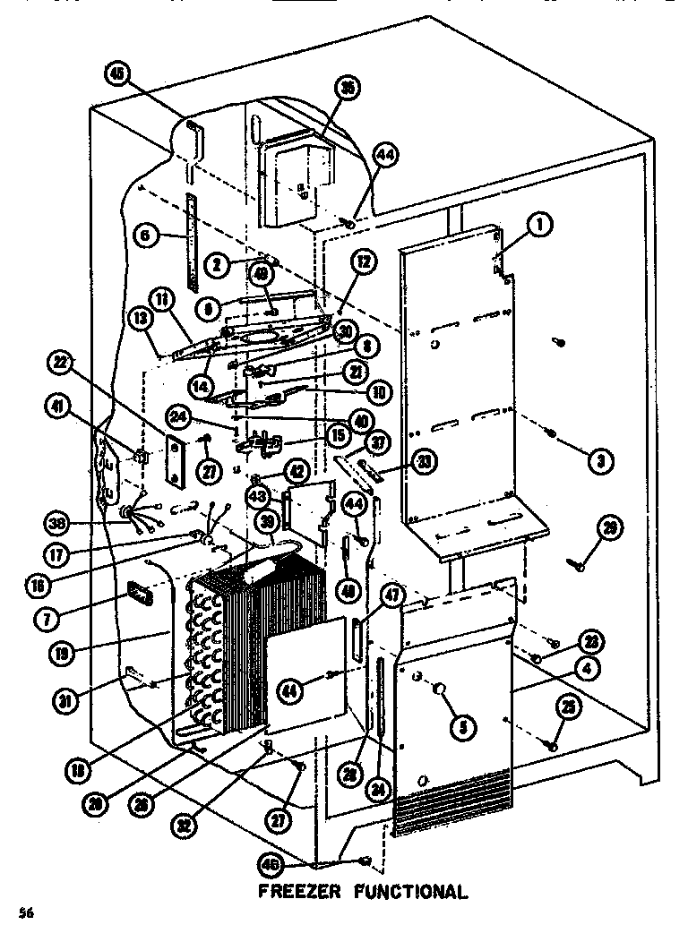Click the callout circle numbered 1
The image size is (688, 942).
tap(539, 227)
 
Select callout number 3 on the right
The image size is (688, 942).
tap(599, 461)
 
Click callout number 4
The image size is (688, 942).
tap(563, 667)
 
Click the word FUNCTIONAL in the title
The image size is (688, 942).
tap(408, 892)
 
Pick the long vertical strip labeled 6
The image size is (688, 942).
tap(191, 239)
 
